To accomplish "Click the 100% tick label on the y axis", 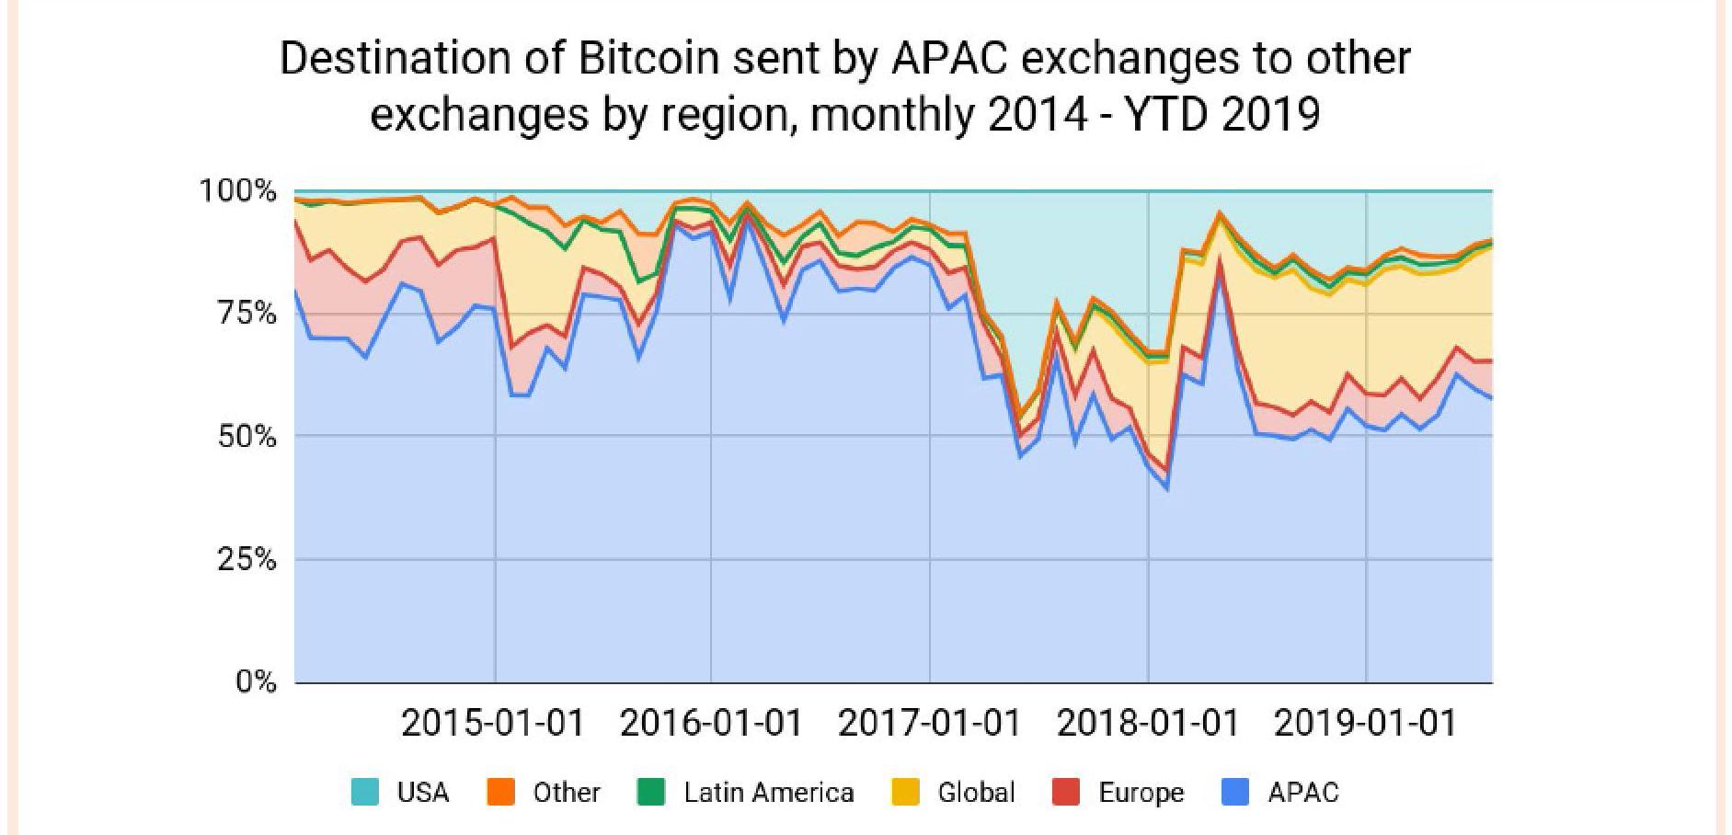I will click(x=237, y=191).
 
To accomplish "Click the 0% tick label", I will click(x=256, y=681).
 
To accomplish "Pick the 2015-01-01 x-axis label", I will click(x=493, y=723).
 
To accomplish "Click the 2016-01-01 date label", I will click(x=711, y=723).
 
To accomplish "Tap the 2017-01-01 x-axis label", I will click(x=929, y=723).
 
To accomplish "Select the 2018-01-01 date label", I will click(x=1148, y=723).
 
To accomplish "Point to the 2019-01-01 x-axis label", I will click(x=1366, y=723).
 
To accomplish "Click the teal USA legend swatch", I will click(x=364, y=792).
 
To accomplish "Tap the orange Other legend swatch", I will click(x=500, y=792).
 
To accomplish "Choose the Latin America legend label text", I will click(x=768, y=792).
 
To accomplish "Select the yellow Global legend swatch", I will click(x=906, y=792).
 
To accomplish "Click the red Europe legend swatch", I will click(x=1066, y=792).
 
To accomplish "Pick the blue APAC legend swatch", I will click(x=1235, y=792).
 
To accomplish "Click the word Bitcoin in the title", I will click(x=648, y=59).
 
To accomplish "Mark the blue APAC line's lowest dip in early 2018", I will click(x=1167, y=488).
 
